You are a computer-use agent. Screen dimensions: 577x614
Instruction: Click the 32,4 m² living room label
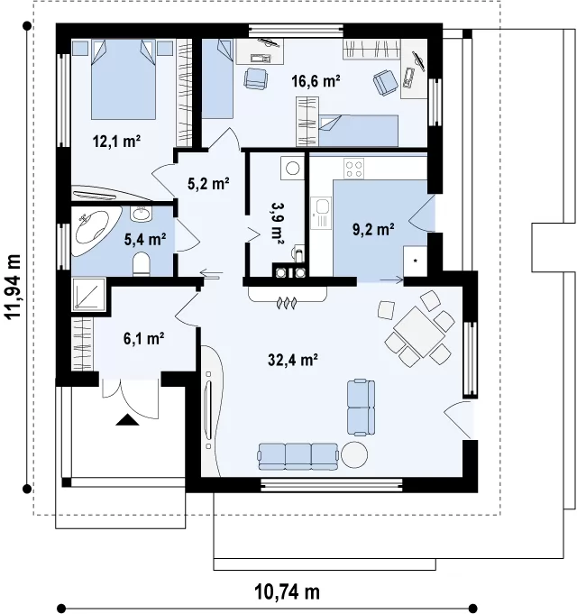tap(292, 359)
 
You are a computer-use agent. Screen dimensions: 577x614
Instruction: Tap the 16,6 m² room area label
tap(316, 81)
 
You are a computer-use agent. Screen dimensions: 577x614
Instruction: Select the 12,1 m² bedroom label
tap(116, 141)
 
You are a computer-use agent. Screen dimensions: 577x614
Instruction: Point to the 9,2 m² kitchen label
tap(373, 229)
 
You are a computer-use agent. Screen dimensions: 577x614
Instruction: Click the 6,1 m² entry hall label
tap(143, 338)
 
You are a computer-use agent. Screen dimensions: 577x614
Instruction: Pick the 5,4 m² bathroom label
tap(145, 239)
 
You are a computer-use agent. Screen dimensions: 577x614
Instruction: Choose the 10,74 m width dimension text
tap(288, 592)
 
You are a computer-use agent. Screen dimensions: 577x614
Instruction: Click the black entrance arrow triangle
tap(128, 420)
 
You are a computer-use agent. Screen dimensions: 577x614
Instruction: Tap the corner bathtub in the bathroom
tap(94, 231)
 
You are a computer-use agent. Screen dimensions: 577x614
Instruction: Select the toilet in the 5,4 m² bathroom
tap(142, 263)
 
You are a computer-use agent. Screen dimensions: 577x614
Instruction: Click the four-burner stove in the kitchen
tap(354, 169)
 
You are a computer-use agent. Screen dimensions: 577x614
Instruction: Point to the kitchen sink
tap(321, 213)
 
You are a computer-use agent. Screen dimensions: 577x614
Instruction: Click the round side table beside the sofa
tap(354, 454)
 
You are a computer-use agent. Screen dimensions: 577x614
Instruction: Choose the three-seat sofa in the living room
tap(298, 456)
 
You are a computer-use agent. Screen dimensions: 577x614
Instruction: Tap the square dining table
tap(419, 331)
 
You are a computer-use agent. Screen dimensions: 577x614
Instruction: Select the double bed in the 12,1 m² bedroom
tap(124, 78)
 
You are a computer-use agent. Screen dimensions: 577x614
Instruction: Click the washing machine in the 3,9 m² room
tap(292, 169)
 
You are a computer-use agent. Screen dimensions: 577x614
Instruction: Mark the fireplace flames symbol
tap(287, 302)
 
